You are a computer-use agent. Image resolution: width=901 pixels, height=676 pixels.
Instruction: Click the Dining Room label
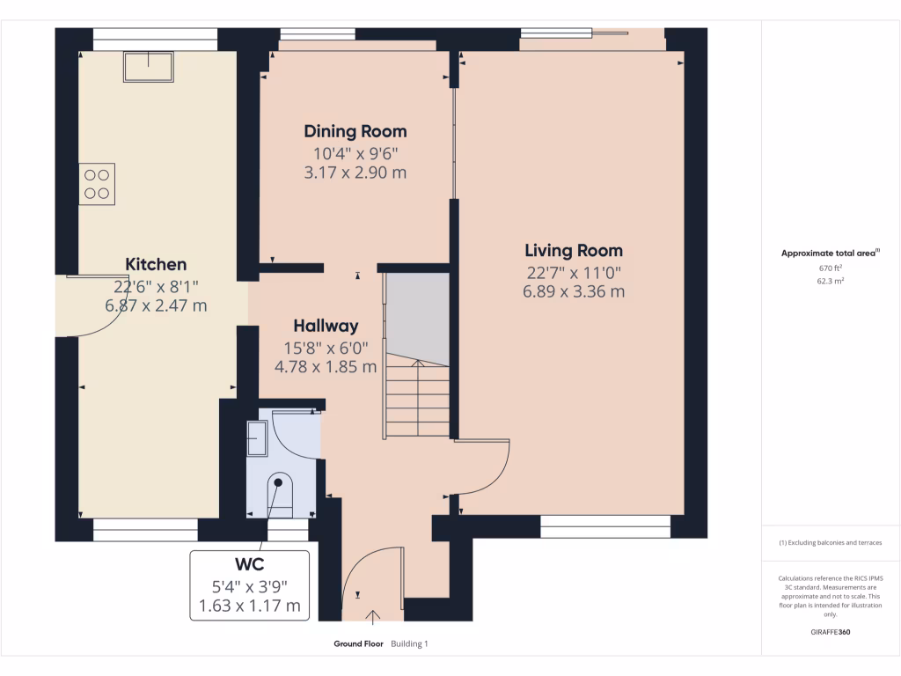(x=355, y=132)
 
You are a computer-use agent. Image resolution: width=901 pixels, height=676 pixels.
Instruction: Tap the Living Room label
(x=574, y=251)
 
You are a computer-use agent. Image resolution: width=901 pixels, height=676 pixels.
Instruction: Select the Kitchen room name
(x=156, y=264)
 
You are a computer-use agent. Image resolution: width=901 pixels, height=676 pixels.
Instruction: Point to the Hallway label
(x=326, y=326)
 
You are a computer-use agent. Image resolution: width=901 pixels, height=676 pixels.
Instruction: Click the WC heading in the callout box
(x=250, y=563)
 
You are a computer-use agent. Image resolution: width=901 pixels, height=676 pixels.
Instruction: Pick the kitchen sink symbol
(x=148, y=67)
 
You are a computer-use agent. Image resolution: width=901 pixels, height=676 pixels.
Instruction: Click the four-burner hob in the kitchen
(x=97, y=184)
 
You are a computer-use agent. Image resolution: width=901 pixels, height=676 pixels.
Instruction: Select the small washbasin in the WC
(x=257, y=438)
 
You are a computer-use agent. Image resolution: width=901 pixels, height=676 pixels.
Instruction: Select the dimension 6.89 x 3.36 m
(x=574, y=291)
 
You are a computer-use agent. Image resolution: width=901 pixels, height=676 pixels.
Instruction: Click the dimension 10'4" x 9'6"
(x=355, y=153)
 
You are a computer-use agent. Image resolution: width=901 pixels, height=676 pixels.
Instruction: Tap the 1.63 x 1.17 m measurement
(x=250, y=606)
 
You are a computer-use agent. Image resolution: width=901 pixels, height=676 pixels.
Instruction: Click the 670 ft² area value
(x=831, y=268)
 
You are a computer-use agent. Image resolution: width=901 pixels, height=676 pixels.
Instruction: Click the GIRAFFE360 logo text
(x=831, y=632)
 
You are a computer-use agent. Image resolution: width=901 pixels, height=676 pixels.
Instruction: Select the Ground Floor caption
(x=358, y=644)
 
